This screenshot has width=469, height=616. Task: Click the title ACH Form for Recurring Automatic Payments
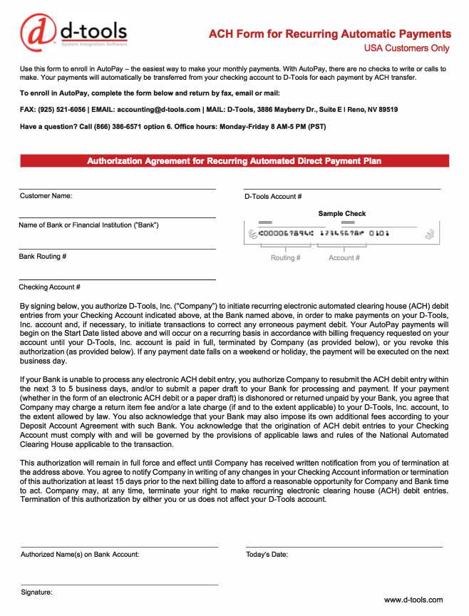329,34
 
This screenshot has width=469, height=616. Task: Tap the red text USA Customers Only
406,48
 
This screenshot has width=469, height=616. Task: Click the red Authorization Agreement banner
234,161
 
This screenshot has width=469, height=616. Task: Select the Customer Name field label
46,195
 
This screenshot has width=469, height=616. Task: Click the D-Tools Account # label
273,196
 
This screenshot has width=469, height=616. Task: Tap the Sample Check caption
341,213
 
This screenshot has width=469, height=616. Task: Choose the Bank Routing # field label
43,256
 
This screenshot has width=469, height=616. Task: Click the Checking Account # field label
49,287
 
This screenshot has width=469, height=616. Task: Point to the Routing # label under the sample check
285,258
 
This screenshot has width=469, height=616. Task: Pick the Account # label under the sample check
344,258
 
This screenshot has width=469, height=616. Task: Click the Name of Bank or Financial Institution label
89,225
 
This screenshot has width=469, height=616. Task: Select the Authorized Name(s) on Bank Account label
80,554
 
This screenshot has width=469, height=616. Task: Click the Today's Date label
267,554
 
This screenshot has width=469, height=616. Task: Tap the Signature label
36,592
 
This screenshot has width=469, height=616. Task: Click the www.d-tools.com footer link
413,600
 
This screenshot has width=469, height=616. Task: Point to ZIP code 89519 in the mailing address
386,110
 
